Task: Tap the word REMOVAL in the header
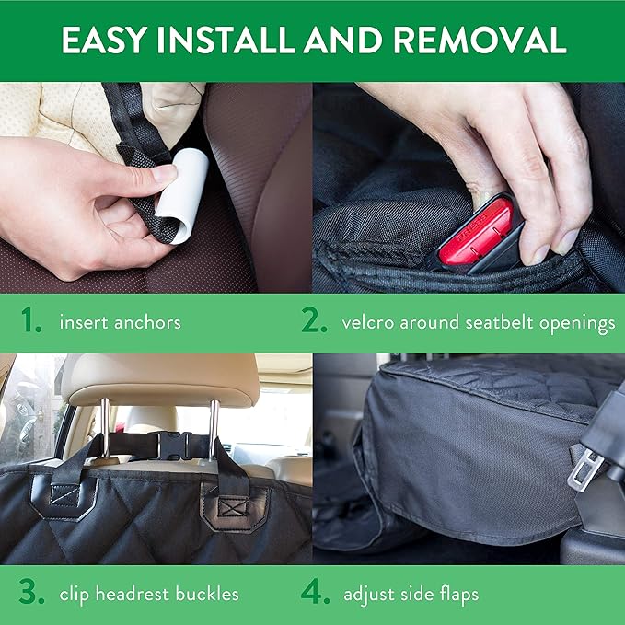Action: (480, 40)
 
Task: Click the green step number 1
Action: (31, 320)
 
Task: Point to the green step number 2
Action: (314, 320)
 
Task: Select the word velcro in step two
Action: (368, 322)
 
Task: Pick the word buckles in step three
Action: (207, 594)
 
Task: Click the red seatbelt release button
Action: (476, 232)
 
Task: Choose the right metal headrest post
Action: (214, 430)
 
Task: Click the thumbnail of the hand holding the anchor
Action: (156, 188)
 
